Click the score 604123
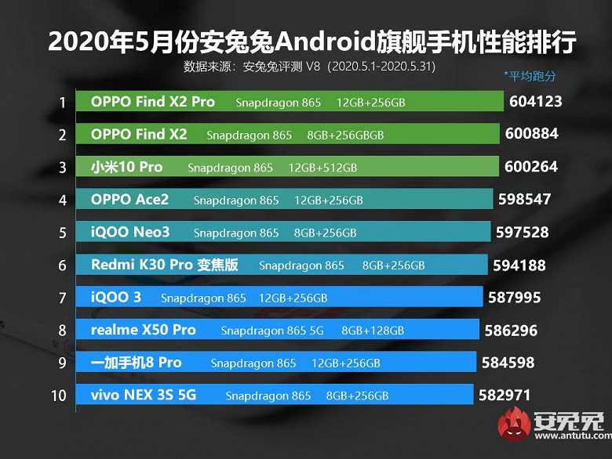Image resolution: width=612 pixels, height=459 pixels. pos(536,102)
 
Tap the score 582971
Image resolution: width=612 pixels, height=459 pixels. pos(504,396)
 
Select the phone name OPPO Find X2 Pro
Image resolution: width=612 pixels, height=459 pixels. pos(152,102)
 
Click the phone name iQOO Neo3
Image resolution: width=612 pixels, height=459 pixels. pos(129,232)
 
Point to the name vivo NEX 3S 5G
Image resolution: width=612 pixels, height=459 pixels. pos(144,396)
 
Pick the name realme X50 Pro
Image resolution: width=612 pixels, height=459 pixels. pos(144,330)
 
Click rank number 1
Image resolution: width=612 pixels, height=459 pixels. pos(61,103)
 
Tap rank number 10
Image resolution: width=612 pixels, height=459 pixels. pos(59,396)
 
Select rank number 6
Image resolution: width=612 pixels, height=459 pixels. pos(61,265)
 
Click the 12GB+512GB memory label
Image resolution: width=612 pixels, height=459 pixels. pos(322,168)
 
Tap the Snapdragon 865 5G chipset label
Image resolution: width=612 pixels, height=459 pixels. pos(271,331)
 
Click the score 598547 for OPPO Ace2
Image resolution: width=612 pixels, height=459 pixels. pos(525,200)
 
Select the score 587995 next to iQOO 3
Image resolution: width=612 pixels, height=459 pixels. pos(514,298)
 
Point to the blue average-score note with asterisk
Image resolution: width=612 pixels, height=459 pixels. pos(530,76)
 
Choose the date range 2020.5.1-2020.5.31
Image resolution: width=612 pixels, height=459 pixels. pos(383,66)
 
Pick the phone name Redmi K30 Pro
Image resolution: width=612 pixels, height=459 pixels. pos(141,265)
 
